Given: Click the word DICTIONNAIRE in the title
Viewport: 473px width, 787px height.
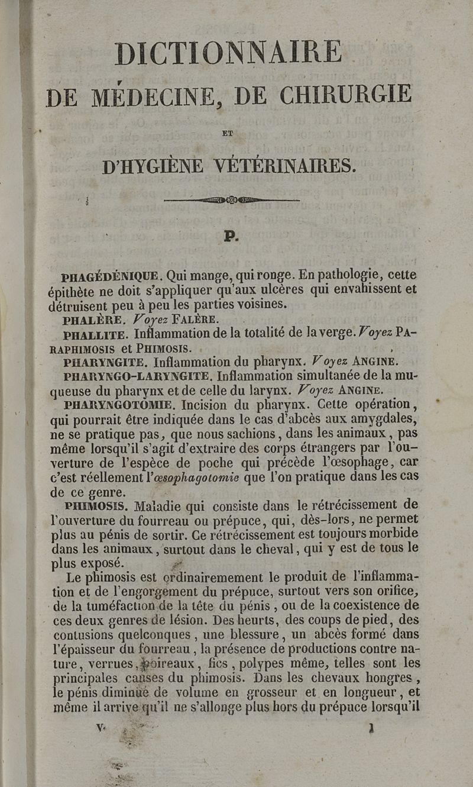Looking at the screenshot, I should [x=228, y=53].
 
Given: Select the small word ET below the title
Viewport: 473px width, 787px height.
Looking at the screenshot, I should [x=228, y=134].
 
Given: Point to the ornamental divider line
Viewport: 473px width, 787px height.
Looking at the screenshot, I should [x=232, y=200].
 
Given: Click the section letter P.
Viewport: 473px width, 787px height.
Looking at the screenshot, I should [x=231, y=237].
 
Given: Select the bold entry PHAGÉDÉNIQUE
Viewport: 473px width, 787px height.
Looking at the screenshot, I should [x=111, y=276].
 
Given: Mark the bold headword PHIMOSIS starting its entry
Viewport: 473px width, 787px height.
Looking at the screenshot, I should [x=96, y=506].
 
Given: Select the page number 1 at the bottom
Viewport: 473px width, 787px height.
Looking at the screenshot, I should [x=371, y=730].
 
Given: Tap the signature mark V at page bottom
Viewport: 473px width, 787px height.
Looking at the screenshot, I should [x=99, y=730].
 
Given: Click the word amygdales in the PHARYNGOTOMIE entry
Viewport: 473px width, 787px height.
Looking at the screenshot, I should [x=384, y=419].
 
